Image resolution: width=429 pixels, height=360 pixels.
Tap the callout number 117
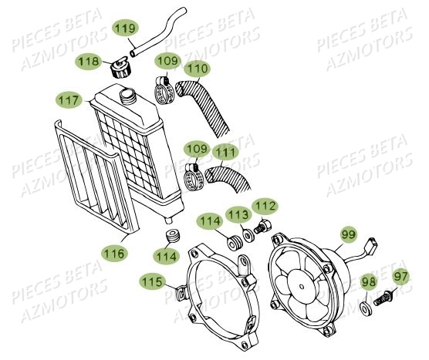pos(69,100)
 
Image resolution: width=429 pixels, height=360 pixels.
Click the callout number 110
pos(197,69)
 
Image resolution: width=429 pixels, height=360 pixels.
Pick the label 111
pos(225,153)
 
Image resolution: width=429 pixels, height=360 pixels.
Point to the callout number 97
pos(401,276)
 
